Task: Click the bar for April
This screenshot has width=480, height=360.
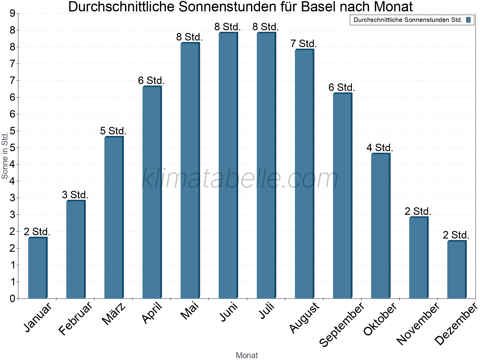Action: coord(152,192)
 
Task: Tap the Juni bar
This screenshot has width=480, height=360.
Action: coord(228,165)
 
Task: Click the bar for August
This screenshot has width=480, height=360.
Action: coord(304,174)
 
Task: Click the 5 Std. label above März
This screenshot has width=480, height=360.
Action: coord(113,131)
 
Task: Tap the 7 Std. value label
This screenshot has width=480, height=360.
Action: coord(304,44)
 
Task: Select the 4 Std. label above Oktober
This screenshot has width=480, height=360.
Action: coord(380,148)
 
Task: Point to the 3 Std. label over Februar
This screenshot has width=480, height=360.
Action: coord(75,195)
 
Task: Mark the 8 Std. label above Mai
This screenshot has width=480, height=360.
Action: coord(189,37)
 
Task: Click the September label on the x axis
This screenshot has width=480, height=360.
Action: coord(342,324)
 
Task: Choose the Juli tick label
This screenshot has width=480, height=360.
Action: coord(267,310)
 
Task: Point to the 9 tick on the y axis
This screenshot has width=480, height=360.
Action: coord(12,13)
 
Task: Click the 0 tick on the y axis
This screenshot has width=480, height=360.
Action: coord(12,298)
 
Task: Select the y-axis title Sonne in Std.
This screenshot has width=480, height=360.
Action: coord(5,156)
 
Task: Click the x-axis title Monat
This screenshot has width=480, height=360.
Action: coord(247,355)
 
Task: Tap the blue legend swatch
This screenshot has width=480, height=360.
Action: coord(468,20)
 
